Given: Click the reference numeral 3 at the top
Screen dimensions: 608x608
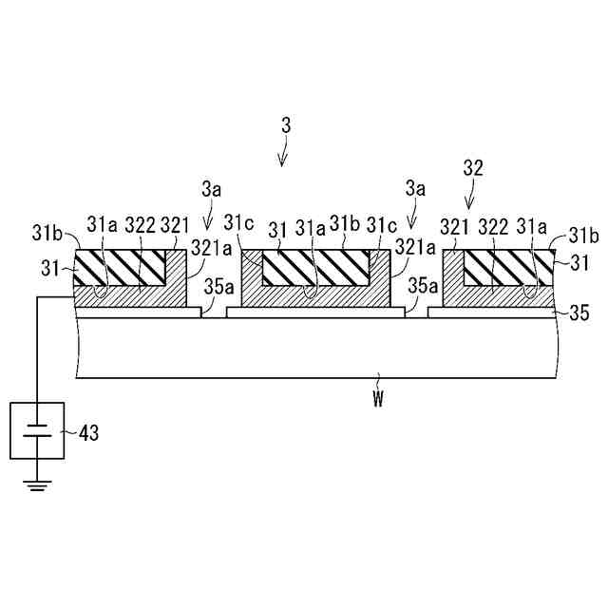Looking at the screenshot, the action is tap(286, 125).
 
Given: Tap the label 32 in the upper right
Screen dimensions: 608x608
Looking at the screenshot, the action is tap(473, 169).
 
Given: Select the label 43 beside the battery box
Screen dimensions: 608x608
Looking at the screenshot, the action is tap(86, 433).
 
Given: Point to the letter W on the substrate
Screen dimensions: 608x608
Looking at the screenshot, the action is tap(377, 400).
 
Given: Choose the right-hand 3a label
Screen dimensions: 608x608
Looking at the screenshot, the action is tap(414, 190).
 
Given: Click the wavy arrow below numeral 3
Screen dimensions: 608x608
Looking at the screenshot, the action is tap(283, 152).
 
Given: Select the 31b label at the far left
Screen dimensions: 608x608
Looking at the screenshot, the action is tap(47, 232).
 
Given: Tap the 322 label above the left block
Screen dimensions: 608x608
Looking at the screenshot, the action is tap(141, 224).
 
